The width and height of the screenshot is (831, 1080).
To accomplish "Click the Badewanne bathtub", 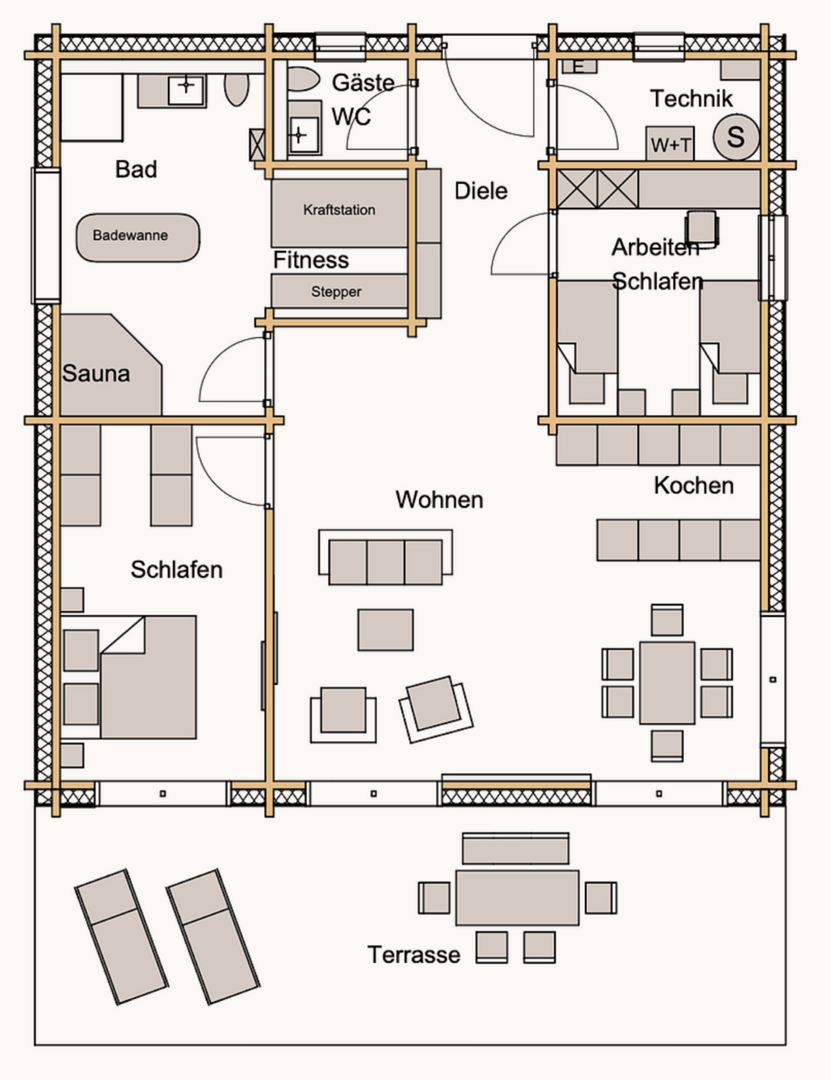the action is coord(138,238).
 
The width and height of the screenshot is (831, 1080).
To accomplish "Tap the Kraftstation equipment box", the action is coord(339,214).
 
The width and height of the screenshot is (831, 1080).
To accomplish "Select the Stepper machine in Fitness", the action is coord(339,291).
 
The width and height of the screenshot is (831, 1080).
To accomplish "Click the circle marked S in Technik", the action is coord(736,137).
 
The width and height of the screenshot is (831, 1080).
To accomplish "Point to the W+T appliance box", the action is coord(670,144).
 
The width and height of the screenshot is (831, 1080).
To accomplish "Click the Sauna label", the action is coord(96,373).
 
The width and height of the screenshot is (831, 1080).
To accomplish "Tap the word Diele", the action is coord(481,191).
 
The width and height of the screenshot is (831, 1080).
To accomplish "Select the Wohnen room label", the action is coord(439,500).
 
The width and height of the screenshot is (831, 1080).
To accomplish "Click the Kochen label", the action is coord(694,486).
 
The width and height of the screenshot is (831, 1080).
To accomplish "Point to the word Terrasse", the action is coord(414,955).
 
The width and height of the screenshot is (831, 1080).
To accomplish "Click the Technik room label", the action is coord(691,99).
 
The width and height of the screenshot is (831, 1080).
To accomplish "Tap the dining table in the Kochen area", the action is coord(667,683).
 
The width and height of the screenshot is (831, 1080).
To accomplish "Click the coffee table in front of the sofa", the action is coord(385,629).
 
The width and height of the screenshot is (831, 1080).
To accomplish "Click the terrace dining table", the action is coord(517,898).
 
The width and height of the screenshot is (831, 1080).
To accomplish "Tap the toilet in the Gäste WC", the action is coord(302,80).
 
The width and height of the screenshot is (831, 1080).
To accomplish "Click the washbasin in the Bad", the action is coord(186,91).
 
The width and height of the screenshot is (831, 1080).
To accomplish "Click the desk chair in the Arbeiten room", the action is coord(702,228).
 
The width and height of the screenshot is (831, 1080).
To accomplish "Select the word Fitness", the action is coord(312,260).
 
